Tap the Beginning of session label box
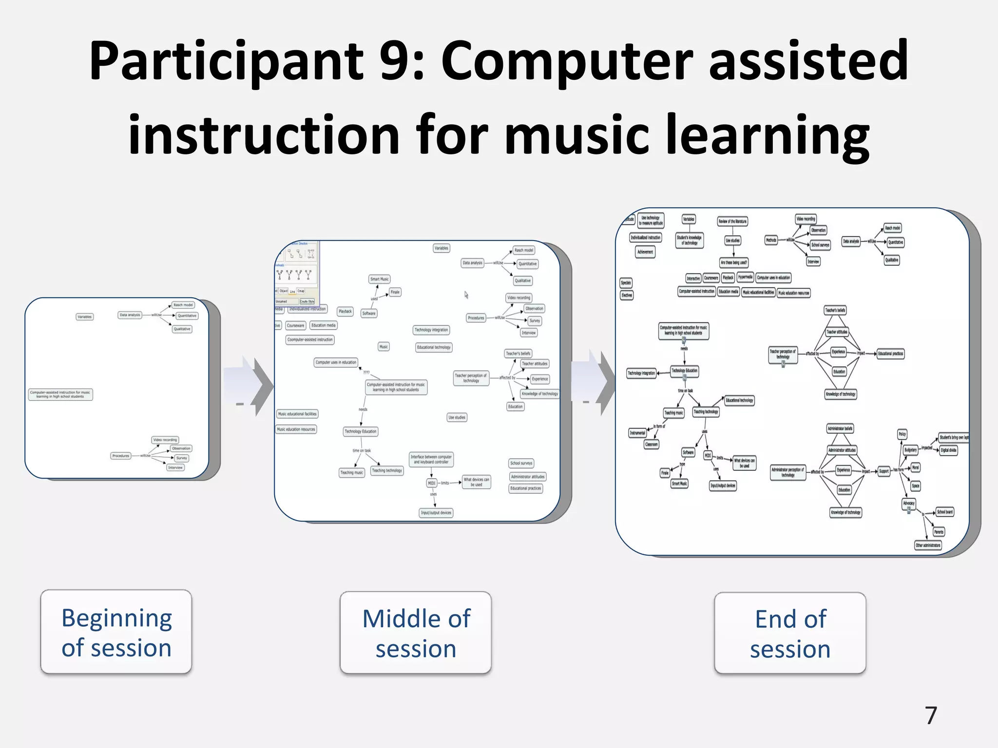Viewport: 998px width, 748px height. (116, 632)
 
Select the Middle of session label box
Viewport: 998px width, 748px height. (416, 633)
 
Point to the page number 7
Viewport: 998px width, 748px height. (931, 715)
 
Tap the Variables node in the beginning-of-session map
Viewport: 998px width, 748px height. (85, 317)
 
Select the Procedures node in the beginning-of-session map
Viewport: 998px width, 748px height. (120, 456)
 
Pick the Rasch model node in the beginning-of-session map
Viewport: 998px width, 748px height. (183, 305)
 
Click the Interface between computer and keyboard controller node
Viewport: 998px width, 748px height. (431, 459)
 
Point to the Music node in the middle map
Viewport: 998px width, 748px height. (384, 347)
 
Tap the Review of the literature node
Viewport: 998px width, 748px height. (732, 222)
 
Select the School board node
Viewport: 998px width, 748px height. (945, 512)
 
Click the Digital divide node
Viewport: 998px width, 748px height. (948, 450)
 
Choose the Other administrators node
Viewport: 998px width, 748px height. (928, 545)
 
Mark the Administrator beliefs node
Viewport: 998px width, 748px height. (840, 429)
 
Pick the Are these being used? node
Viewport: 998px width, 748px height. (733, 262)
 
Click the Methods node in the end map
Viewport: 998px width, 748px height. (771, 240)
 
